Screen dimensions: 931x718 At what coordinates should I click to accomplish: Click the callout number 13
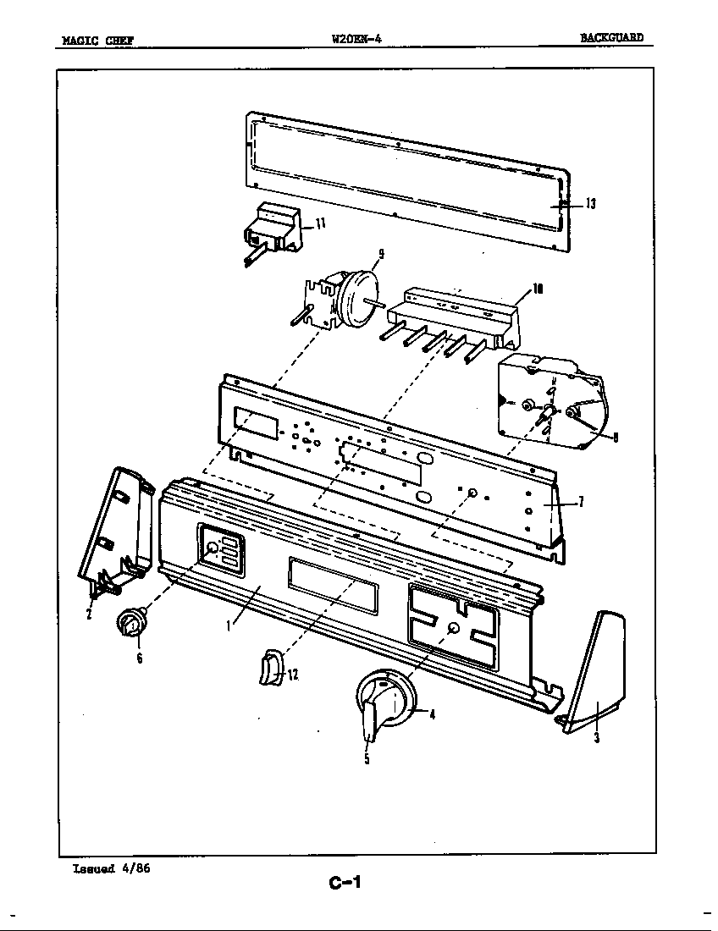[x=591, y=203]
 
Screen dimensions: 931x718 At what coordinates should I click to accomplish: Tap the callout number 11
[x=321, y=223]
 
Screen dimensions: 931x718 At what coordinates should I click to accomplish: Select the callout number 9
[x=381, y=253]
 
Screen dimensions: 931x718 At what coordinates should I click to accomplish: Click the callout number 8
[x=615, y=437]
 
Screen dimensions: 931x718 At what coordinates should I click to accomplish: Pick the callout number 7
[x=581, y=502]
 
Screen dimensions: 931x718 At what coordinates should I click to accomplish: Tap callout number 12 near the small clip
[x=293, y=675]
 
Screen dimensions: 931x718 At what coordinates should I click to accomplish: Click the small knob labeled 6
[x=130, y=625]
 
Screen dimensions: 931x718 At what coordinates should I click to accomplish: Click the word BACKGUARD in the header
[x=611, y=38]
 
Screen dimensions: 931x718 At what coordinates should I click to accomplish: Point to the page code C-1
[x=345, y=884]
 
